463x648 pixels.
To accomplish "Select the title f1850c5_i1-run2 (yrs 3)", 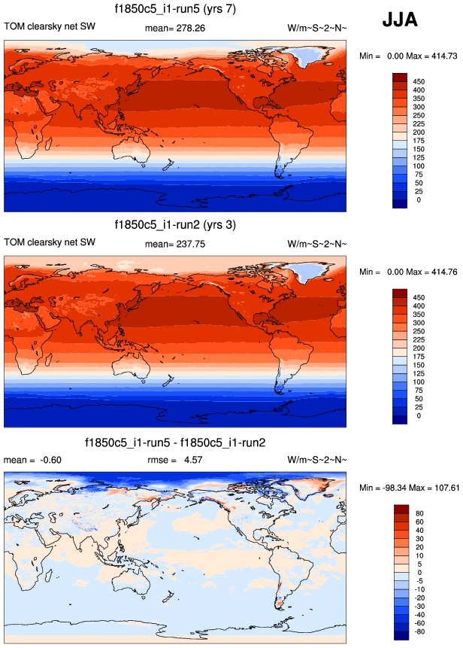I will tap(175, 224).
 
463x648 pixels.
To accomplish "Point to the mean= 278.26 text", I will tap(175, 28).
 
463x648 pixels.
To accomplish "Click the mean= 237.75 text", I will tap(175, 243).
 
